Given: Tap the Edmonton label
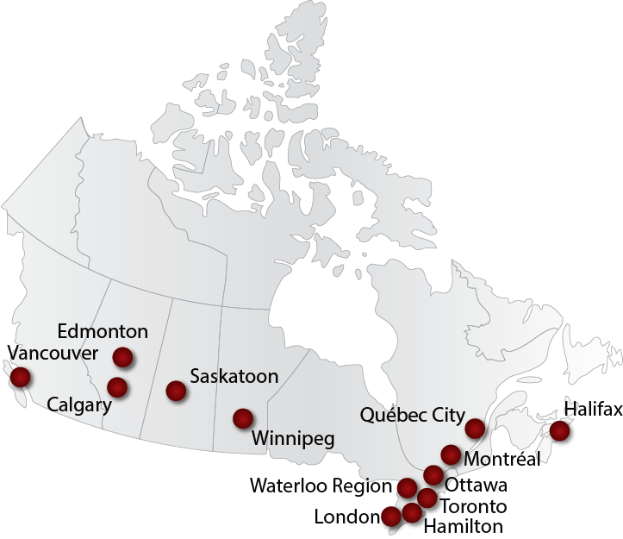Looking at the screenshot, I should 103,331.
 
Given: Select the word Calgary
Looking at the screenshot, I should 78,404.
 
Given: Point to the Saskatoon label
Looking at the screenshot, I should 234,377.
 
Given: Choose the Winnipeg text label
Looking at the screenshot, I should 294,439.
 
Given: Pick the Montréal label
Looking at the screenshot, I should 501,458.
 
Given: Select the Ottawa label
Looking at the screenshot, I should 477,485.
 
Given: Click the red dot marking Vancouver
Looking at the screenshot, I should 19,377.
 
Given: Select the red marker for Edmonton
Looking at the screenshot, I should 122,356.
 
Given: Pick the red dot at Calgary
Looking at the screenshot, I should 117,386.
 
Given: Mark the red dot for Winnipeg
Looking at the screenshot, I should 243,419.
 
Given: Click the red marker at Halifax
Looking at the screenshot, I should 560,430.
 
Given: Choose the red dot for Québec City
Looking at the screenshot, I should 475,429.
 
